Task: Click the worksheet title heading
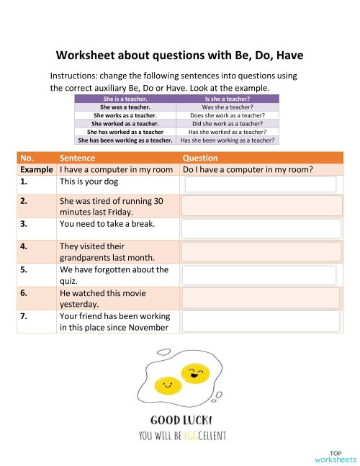pyautogui.click(x=180, y=55)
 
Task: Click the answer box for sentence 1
pyautogui.click(x=261, y=184)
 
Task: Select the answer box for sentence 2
pyautogui.click(x=261, y=207)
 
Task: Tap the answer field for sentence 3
pyautogui.click(x=261, y=229)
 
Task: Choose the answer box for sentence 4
pyautogui.click(x=261, y=251)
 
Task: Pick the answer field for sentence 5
pyautogui.click(x=261, y=275)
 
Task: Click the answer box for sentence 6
pyautogui.click(x=261, y=298)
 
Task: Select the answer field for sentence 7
pyautogui.click(x=261, y=321)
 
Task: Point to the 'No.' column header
pyautogui.click(x=27, y=158)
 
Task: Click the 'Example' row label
pyautogui.click(x=36, y=170)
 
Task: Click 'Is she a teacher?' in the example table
pyautogui.click(x=227, y=98)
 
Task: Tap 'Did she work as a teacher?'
pyautogui.click(x=227, y=123)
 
